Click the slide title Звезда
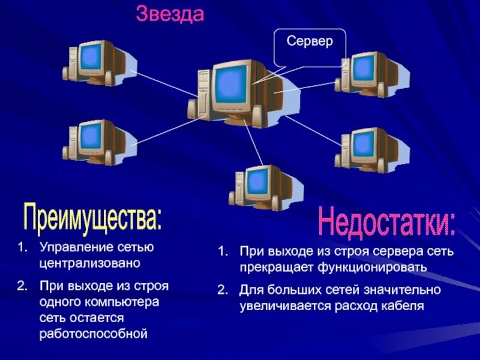(x=170, y=14)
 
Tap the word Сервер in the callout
(x=309, y=42)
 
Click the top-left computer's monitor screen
(x=92, y=56)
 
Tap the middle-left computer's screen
(x=92, y=137)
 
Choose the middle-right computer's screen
(x=363, y=144)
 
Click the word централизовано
(x=89, y=263)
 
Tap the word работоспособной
(x=93, y=332)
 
